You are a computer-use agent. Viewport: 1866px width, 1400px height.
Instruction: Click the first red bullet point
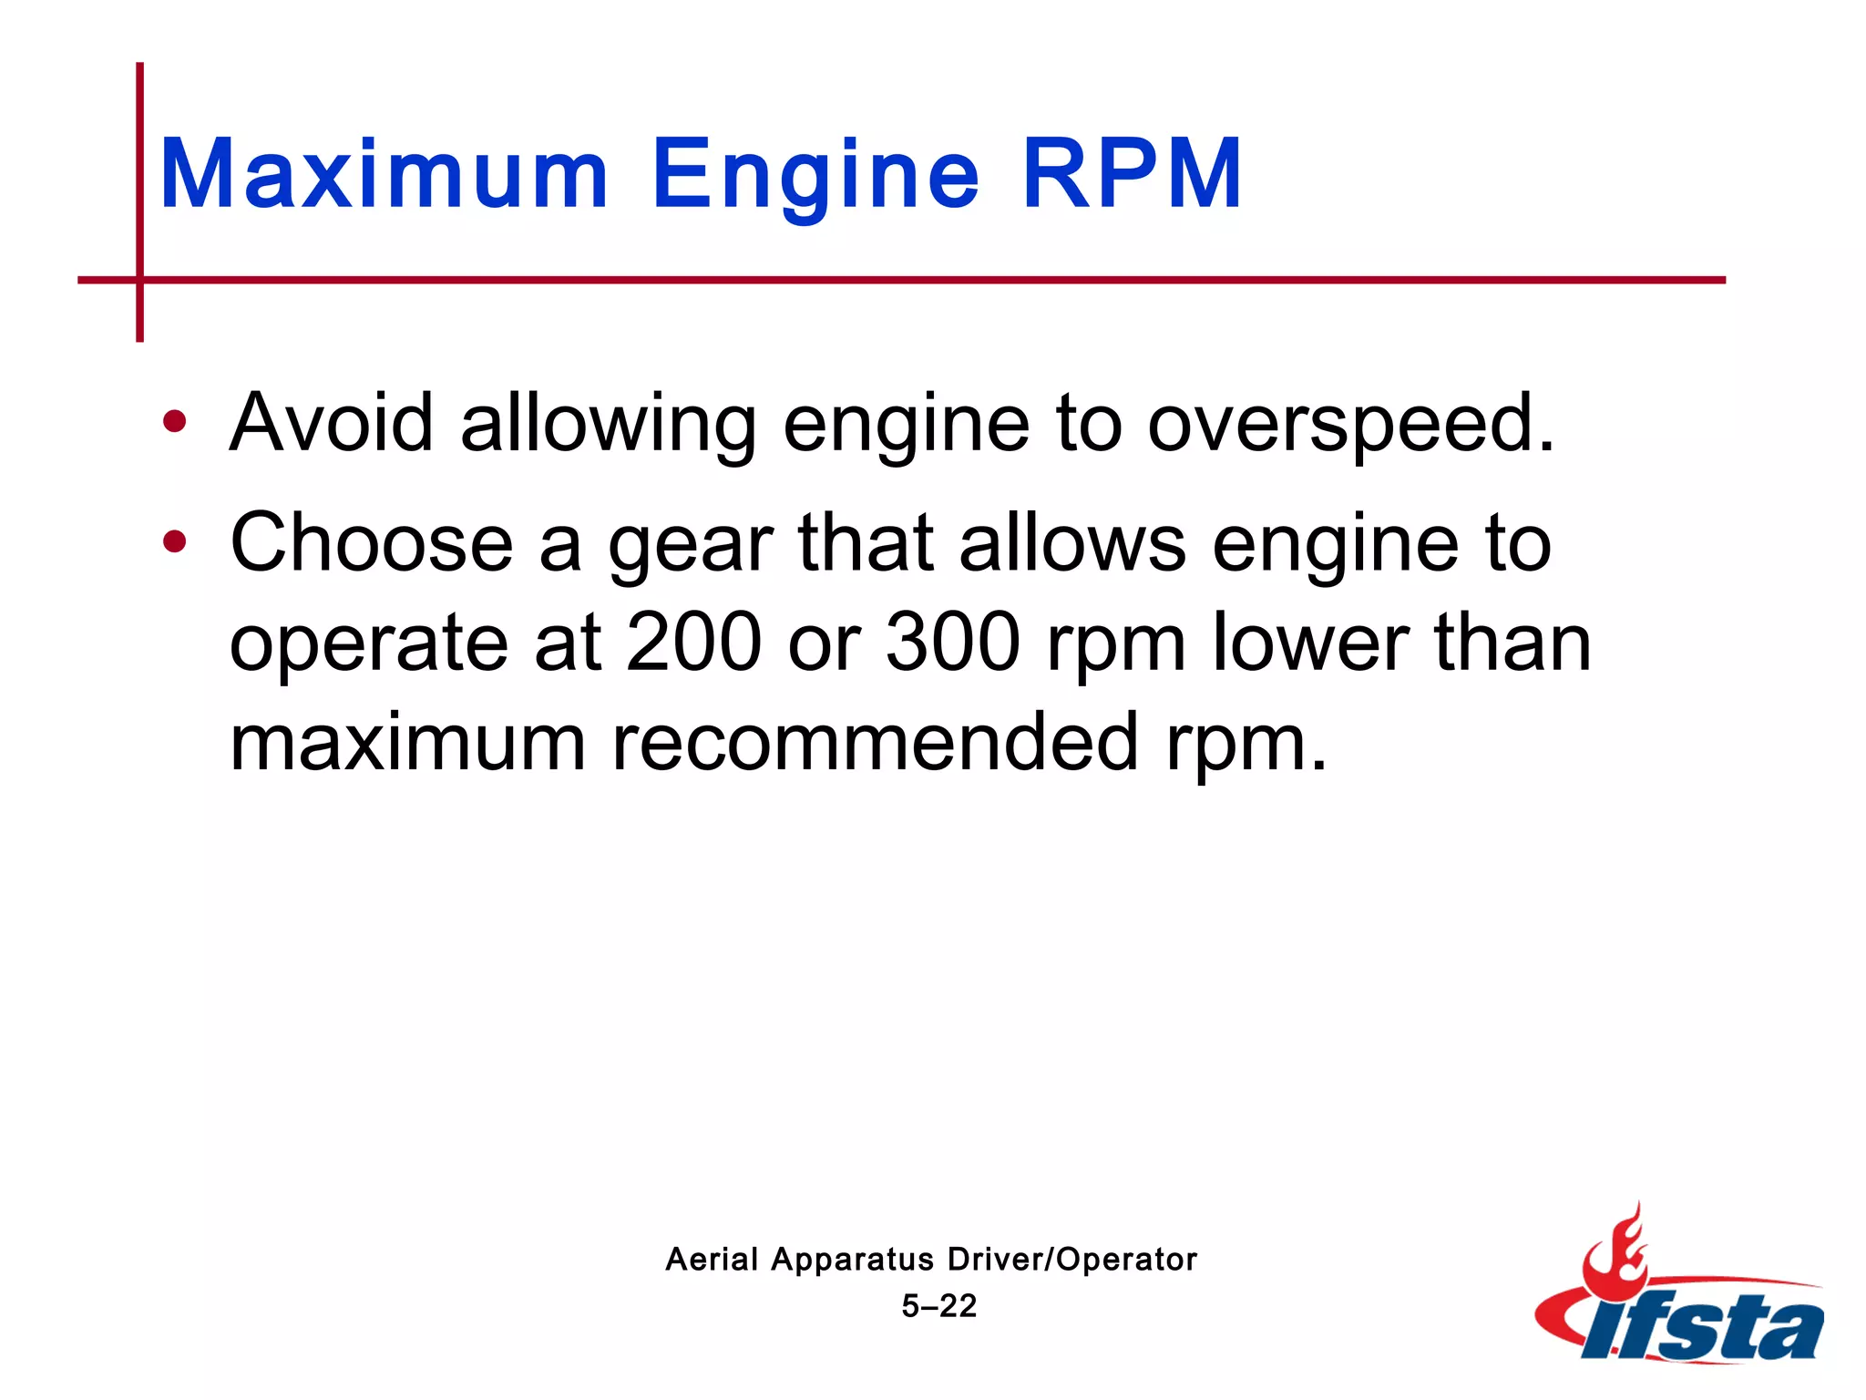click(x=174, y=422)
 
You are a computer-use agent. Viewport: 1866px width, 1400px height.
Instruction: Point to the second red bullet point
click(x=174, y=542)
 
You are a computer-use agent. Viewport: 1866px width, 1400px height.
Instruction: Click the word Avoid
click(x=332, y=422)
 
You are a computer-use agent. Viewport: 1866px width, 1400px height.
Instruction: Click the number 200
click(x=694, y=643)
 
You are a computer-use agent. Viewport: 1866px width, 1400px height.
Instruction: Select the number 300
click(x=953, y=643)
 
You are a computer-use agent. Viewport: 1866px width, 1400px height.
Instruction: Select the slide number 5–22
click(x=938, y=1306)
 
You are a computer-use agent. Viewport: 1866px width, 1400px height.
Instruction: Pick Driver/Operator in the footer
click(x=1071, y=1260)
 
